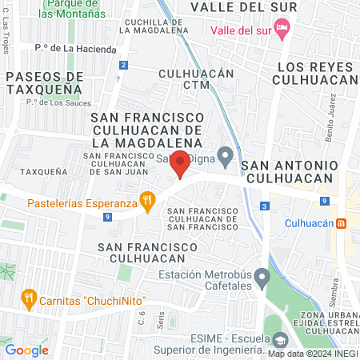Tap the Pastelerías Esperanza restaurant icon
click(x=146, y=199)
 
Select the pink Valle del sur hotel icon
click(x=281, y=30)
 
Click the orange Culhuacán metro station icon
click(x=341, y=222)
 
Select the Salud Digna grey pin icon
click(x=226, y=154)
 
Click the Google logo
click(x=26, y=350)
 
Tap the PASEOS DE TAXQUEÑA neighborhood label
click(x=43, y=82)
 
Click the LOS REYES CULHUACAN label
click(x=315, y=74)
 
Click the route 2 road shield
click(x=123, y=64)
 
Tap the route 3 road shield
click(x=264, y=206)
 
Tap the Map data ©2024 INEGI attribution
click(x=313, y=353)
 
